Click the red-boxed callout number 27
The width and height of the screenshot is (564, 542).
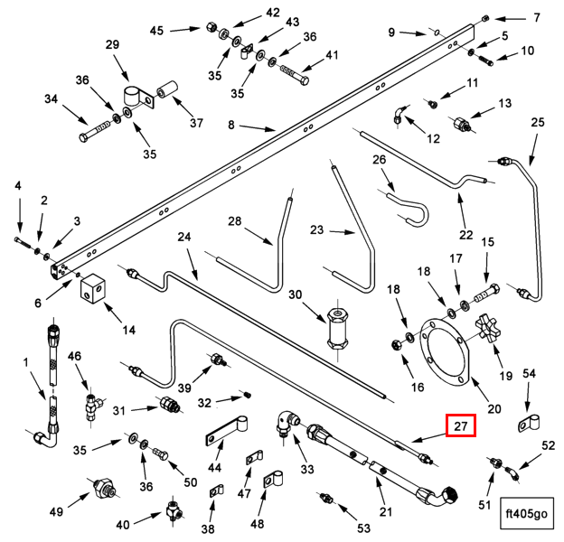click(x=460, y=425)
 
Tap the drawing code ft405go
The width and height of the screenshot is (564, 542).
click(x=528, y=513)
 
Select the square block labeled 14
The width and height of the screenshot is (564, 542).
click(x=94, y=290)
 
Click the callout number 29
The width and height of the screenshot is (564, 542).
click(x=112, y=44)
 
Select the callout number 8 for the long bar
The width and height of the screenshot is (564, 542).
click(x=230, y=124)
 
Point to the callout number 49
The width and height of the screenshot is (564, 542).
click(x=56, y=511)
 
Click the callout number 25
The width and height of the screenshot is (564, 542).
click(x=538, y=122)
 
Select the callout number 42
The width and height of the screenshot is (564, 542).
click(x=272, y=13)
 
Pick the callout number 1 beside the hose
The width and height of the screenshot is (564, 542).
click(x=25, y=362)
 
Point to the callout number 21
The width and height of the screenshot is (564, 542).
click(x=386, y=512)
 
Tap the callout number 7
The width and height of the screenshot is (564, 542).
click(x=536, y=17)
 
